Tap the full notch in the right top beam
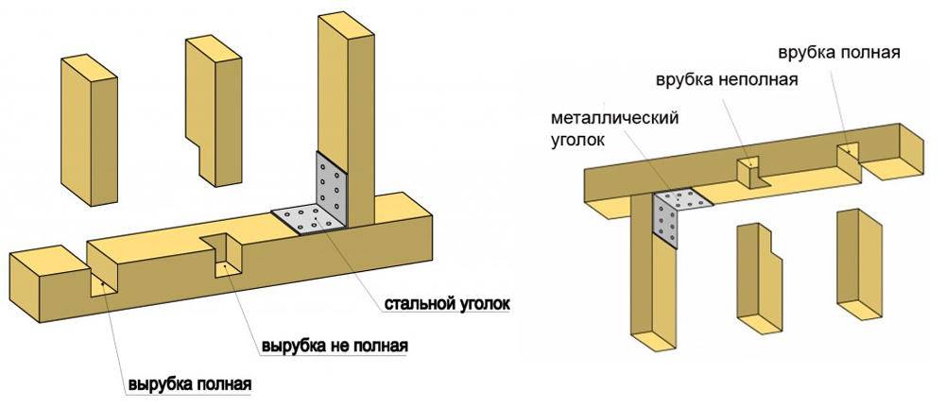848,156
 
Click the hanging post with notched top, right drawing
759,274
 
